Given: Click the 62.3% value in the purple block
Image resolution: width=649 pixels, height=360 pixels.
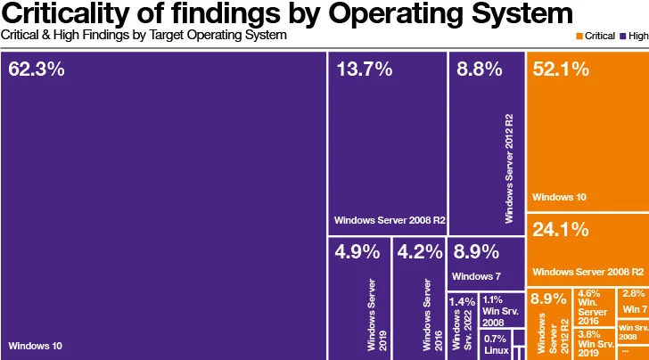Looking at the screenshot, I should pos(37,70).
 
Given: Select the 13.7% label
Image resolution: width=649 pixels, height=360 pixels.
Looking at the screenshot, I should pos(364,70).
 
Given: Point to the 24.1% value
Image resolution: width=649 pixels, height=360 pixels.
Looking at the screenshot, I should pos(561,229).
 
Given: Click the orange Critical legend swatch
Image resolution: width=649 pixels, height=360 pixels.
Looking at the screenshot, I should pos(580,36).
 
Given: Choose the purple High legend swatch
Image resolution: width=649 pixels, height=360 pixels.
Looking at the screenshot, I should pos(624,36).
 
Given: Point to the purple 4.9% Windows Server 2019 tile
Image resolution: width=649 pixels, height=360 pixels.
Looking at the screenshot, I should pos(358,298).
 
